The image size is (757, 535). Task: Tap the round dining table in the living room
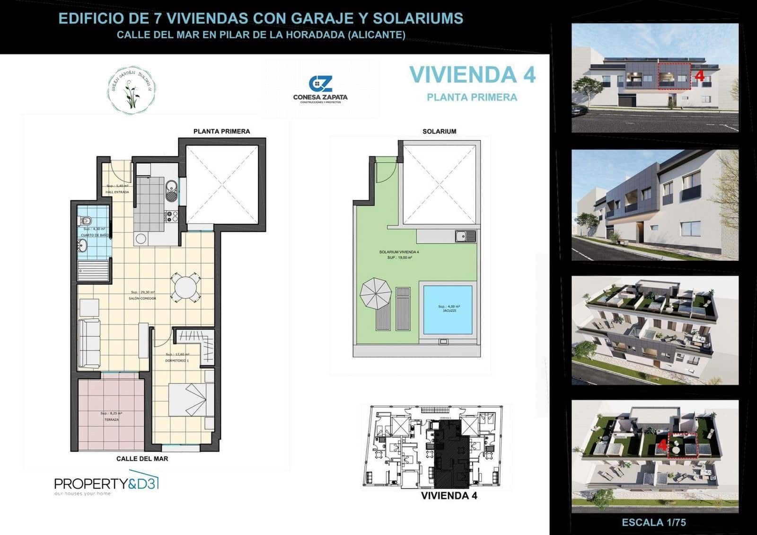coord(185,287)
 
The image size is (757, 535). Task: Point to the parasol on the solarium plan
coord(376,293)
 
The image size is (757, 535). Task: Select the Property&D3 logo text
coord(106,483)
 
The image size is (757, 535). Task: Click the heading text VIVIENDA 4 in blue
coord(472,75)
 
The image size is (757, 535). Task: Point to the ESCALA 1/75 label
coord(654,522)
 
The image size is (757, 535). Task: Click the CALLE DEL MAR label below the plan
coord(142,458)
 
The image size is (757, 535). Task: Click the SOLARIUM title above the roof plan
coord(439,131)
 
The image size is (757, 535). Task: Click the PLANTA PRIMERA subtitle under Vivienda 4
coord(472,97)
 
